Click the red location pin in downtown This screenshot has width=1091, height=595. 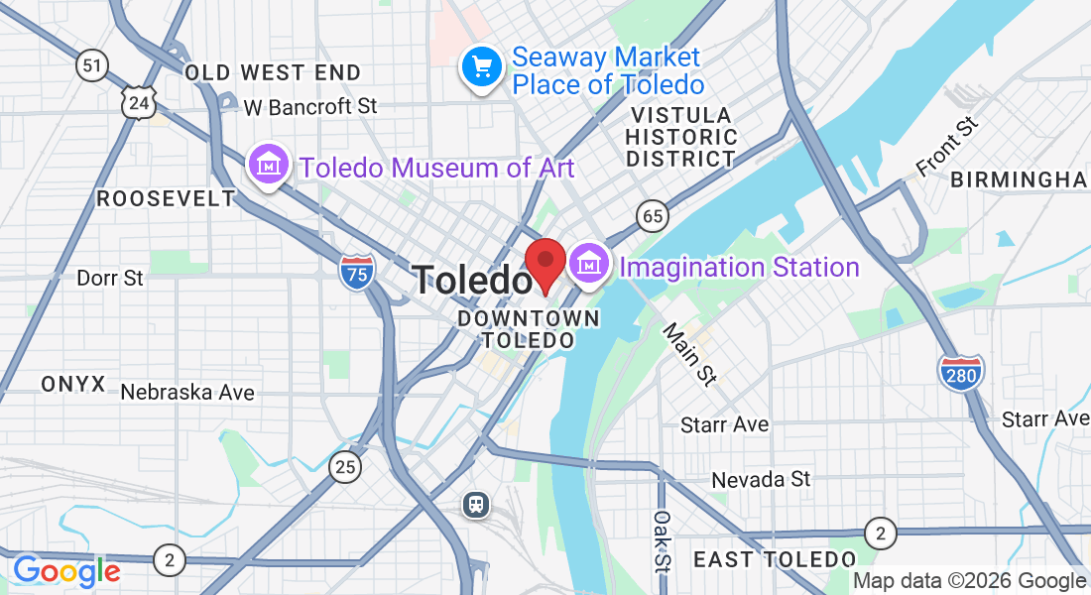(545, 263)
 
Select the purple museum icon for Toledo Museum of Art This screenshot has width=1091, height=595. (268, 166)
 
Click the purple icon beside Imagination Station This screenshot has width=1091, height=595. (589, 265)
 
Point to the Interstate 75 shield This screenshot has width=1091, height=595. (355, 272)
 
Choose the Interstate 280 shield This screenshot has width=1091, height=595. (960, 372)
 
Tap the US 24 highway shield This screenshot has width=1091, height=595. (140, 101)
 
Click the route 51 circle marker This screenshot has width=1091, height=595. (92, 66)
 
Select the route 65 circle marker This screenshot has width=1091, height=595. (652, 215)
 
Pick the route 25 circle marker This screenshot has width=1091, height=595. (345, 465)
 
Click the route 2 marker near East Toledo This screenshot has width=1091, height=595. (878, 533)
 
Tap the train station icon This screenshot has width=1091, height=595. (477, 505)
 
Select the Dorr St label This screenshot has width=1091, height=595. (110, 278)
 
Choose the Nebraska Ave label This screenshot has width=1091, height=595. (187, 393)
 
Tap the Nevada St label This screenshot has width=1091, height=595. (761, 480)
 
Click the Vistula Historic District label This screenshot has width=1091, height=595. (681, 137)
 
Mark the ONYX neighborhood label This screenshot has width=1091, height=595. (73, 385)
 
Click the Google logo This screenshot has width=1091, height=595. (66, 571)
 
